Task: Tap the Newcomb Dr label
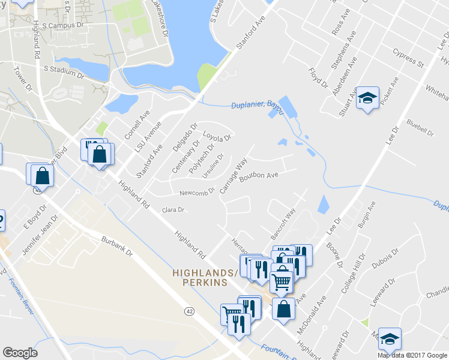197,193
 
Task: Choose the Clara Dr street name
173,210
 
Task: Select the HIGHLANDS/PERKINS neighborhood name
200,277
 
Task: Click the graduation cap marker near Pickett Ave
367,98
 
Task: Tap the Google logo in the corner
20,353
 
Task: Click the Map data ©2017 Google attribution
411,355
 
